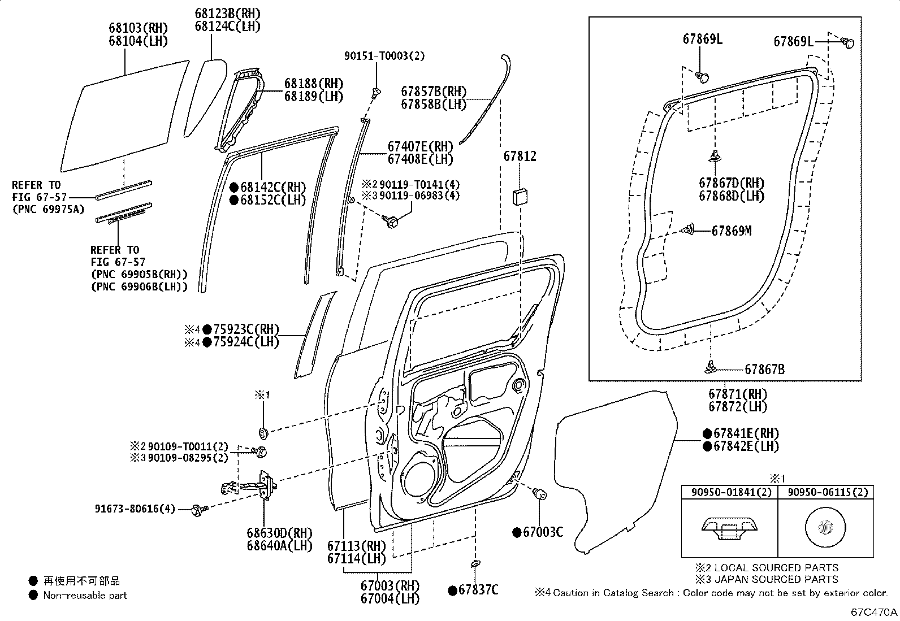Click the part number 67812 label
click(x=520, y=157)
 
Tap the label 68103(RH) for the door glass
click(x=138, y=28)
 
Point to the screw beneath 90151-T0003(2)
click(x=376, y=92)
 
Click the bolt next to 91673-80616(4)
click(x=199, y=510)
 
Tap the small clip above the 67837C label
click(x=475, y=563)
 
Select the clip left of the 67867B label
click(x=710, y=368)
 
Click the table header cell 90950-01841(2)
click(x=729, y=492)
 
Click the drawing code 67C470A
click(x=874, y=612)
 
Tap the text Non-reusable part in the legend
click(x=85, y=595)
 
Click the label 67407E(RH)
click(x=420, y=146)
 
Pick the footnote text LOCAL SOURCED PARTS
click(x=776, y=567)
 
